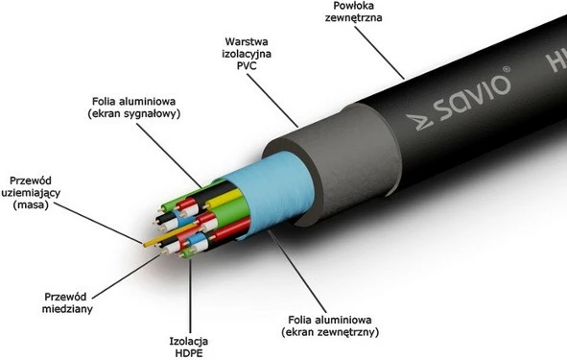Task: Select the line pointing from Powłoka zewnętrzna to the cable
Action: [x=384, y=59]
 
